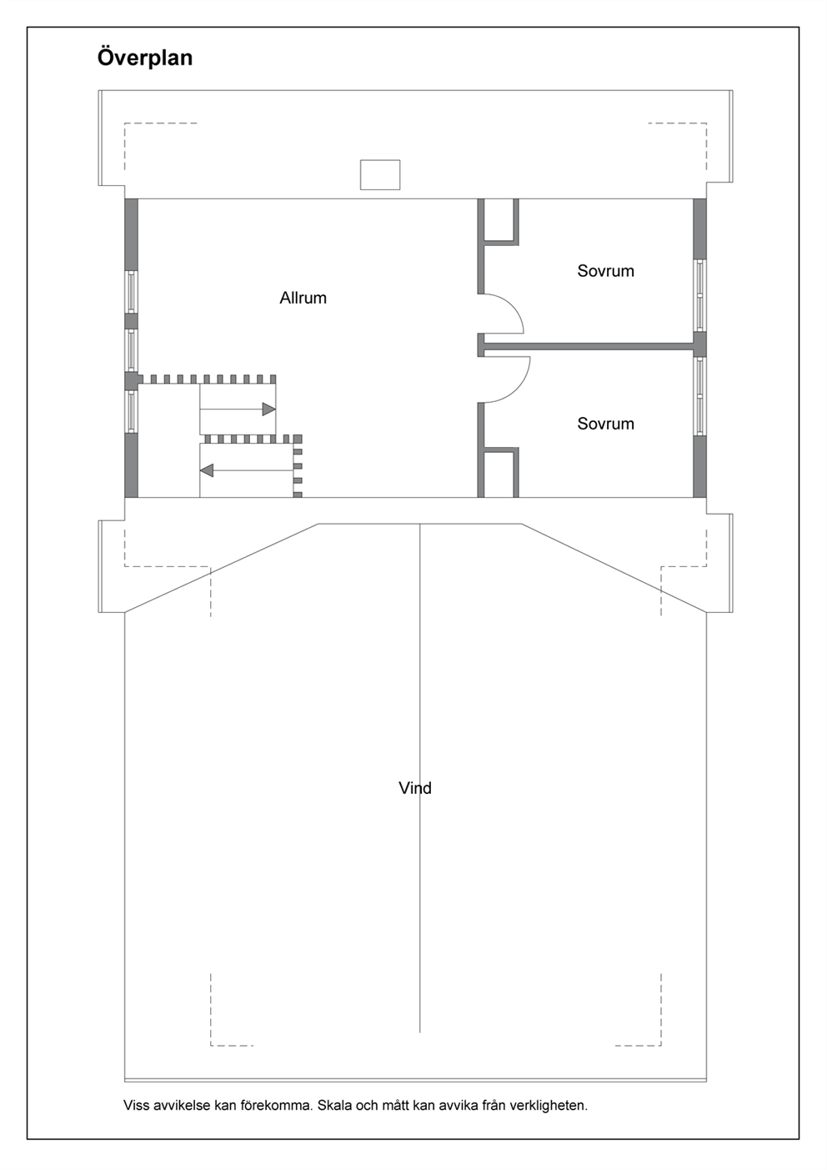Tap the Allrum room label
(303, 298)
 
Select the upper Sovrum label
(605, 270)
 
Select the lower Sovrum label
(605, 423)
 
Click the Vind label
(415, 788)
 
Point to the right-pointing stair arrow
(238, 409)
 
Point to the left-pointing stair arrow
(247, 470)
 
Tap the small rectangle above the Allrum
(380, 175)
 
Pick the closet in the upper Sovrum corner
(498, 222)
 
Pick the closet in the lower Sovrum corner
(498, 472)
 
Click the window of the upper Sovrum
(699, 295)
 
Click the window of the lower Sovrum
(699, 396)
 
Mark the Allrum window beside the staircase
(131, 412)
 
